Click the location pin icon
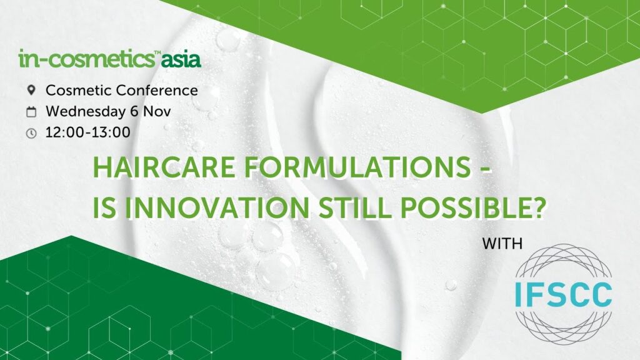coord(31,90)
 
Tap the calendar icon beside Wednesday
coord(31,112)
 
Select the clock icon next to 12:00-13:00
coord(31,133)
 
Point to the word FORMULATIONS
coord(357,167)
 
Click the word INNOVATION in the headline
coord(217,207)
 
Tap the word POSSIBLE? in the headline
coord(473,207)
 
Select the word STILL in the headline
coord(355,207)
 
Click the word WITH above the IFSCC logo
coord(502,244)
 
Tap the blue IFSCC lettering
coord(563,294)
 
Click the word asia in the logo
coord(181,60)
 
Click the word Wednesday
coord(86,111)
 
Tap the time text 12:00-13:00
coord(87,132)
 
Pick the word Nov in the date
coord(157,111)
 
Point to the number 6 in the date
coord(134,111)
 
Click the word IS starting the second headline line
coord(104,207)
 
